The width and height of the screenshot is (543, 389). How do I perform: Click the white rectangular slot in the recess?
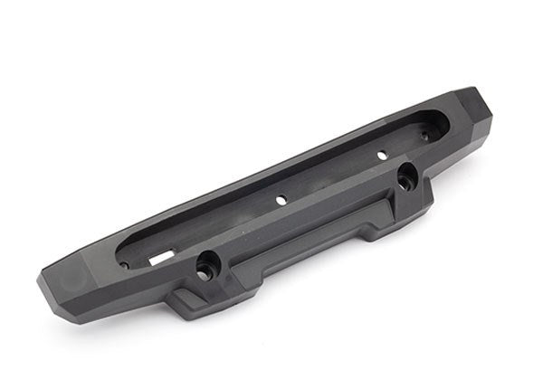(x=160, y=258)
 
